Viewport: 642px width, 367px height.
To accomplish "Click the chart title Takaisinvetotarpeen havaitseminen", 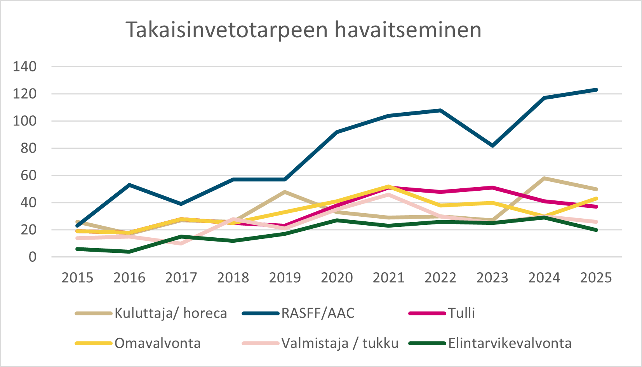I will tap(303, 30).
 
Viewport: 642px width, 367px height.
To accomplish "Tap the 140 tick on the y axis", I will tap(25, 67).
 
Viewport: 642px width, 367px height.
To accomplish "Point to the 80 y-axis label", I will tap(29, 148).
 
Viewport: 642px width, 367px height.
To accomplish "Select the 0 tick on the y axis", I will tap(33, 257).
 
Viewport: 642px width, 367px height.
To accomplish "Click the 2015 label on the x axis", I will tap(77, 278).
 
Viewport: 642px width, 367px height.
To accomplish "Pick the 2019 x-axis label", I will tap(285, 278).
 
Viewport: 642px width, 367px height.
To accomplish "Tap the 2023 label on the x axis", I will tap(492, 278).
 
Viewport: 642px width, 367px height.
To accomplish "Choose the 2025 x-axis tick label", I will tap(596, 278).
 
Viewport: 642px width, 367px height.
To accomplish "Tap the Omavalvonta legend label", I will tap(157, 343).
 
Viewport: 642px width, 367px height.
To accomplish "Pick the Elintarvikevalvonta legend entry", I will tap(510, 343).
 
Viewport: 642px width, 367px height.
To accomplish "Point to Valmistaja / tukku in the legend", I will tap(340, 343).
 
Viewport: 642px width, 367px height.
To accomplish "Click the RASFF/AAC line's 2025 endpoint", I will tap(596, 90).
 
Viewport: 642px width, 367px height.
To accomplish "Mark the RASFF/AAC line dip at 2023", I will tap(492, 146).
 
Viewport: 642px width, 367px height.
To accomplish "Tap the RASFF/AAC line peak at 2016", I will tap(129, 185).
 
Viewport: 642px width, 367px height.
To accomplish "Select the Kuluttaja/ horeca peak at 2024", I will tap(544, 178).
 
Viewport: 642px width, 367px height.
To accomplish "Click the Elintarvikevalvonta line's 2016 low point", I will tap(129, 252).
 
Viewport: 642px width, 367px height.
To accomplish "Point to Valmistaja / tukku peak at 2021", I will tap(388, 195).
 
